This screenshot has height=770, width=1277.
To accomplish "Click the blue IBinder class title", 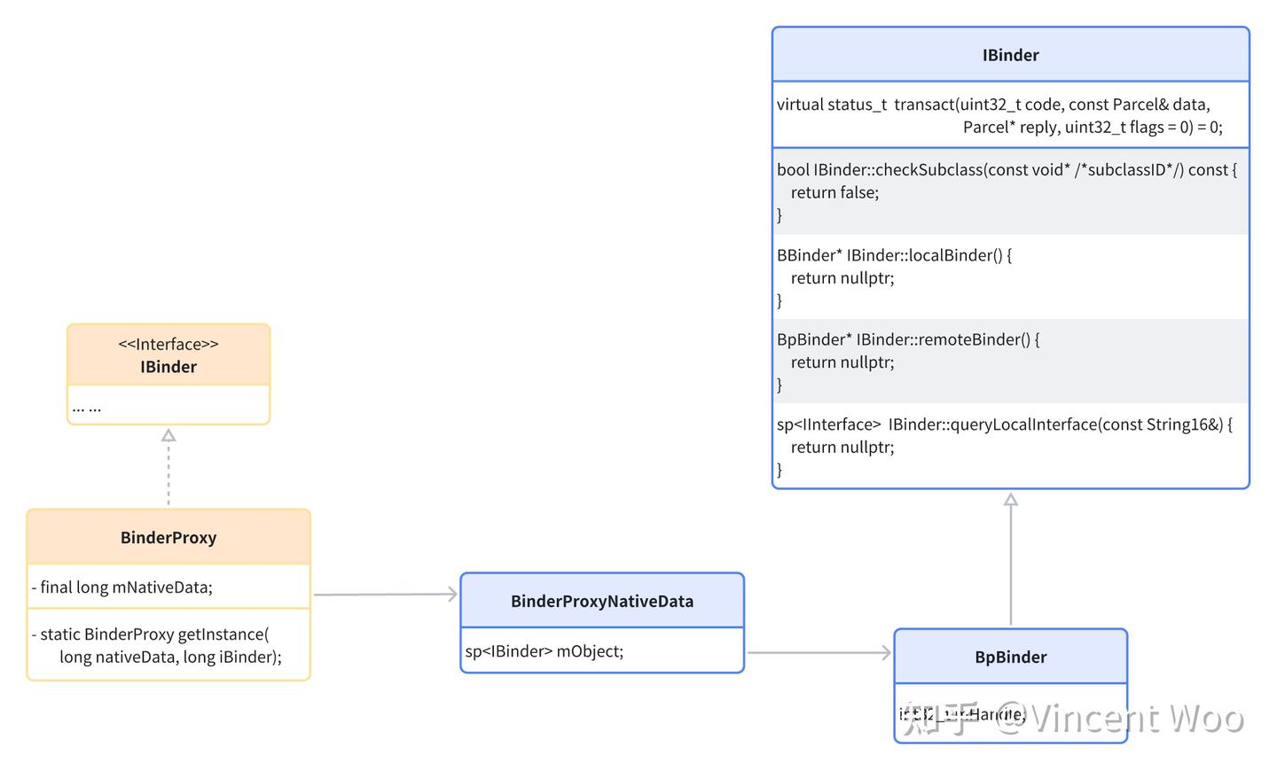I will (x=1010, y=55).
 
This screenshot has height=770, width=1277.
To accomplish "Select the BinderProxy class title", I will (x=168, y=538).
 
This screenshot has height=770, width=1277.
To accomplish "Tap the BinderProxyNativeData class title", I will (x=602, y=602).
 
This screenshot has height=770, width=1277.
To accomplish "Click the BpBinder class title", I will (x=1010, y=657).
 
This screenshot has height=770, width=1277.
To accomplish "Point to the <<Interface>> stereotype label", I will (x=168, y=345).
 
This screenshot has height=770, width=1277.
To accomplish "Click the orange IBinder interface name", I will (x=168, y=367).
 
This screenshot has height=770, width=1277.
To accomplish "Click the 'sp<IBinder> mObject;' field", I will (x=544, y=651).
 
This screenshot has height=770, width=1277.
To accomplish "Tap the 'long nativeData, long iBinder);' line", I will (x=170, y=657).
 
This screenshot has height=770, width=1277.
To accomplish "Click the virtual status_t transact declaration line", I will (x=993, y=105).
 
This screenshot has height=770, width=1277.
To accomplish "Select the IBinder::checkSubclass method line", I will (x=1007, y=170).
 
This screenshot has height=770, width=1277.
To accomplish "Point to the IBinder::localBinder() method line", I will (x=894, y=255).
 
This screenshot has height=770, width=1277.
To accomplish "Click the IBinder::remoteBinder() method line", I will (x=908, y=339).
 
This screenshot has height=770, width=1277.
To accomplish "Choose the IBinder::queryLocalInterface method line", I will (x=1005, y=424).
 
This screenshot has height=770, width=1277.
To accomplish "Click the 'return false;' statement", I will (x=834, y=192).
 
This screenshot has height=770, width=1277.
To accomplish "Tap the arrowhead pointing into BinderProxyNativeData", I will (x=451, y=595).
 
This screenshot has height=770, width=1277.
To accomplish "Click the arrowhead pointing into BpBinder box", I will (x=884, y=653).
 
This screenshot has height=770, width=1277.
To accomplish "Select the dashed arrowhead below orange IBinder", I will (x=168, y=435).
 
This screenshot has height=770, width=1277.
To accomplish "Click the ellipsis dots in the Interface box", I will (x=87, y=408).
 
